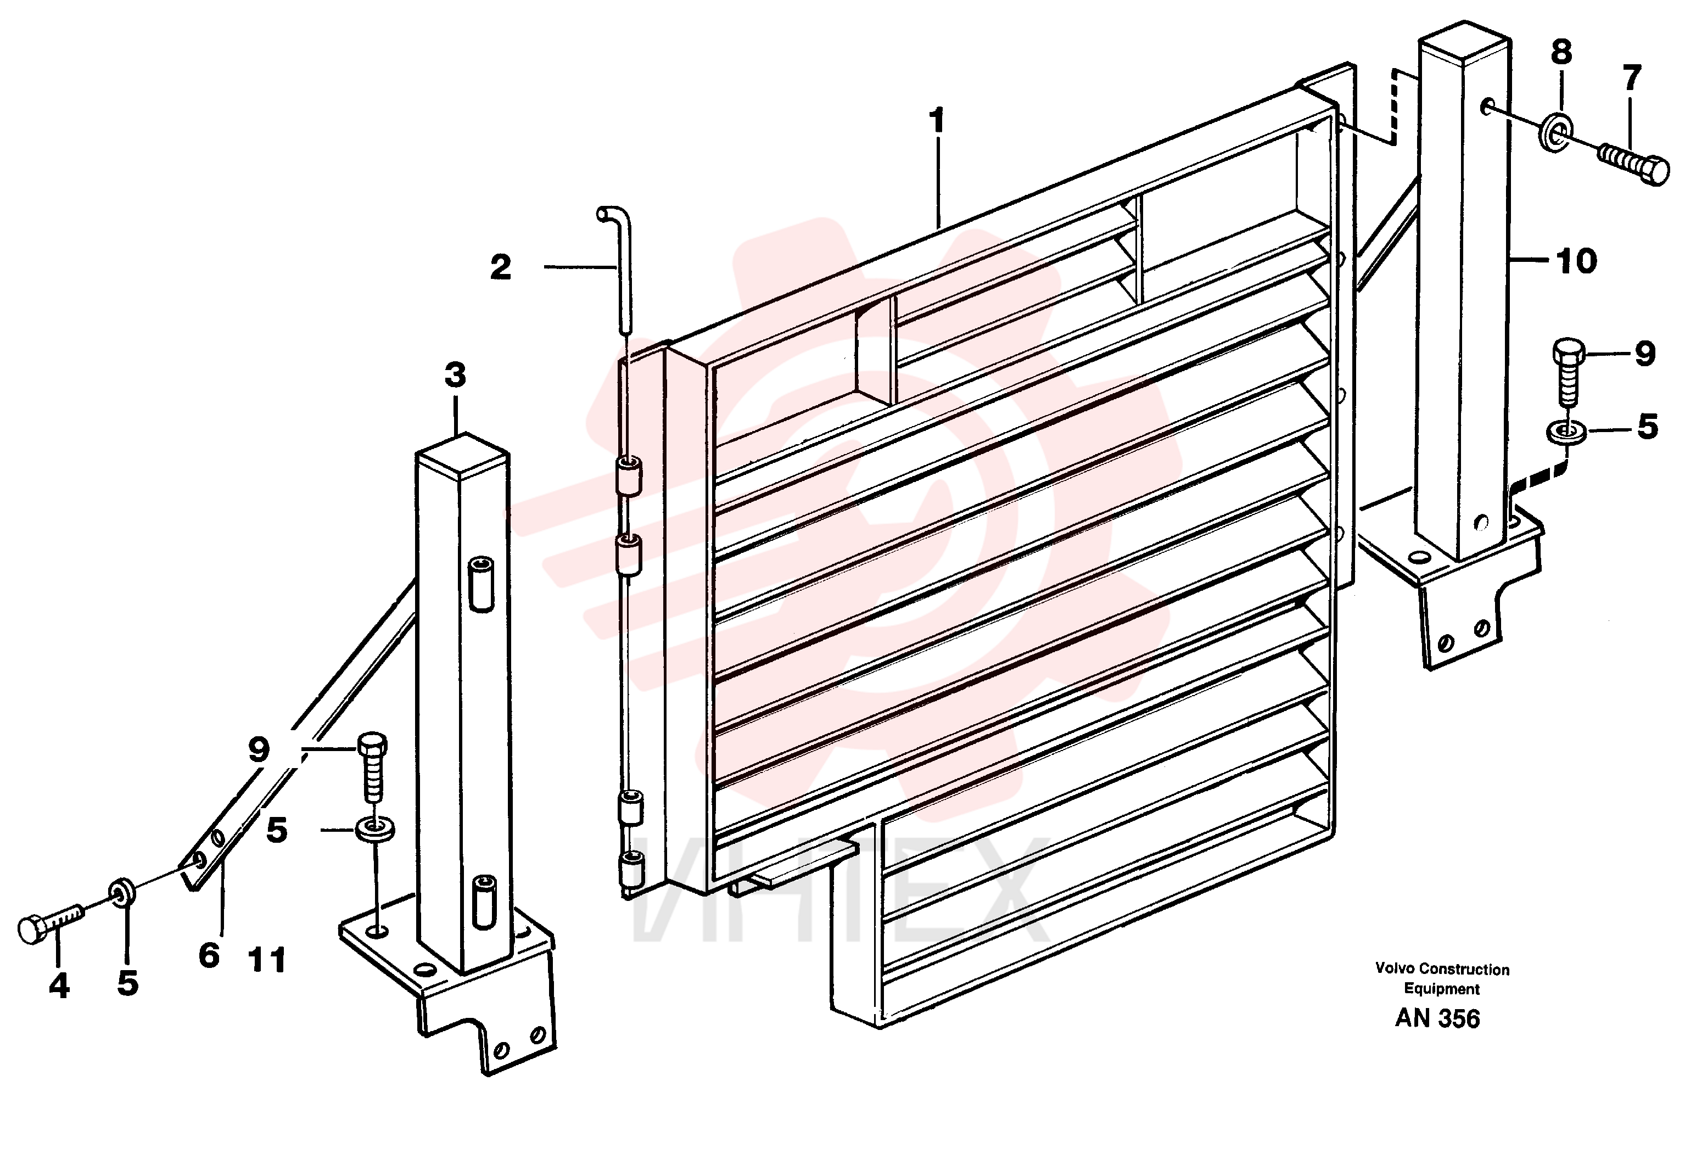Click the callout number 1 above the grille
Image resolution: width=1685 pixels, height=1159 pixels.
[x=938, y=121]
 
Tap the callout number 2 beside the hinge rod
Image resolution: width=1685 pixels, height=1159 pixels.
[x=501, y=267]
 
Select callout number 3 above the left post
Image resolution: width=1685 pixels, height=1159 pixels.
[x=455, y=376]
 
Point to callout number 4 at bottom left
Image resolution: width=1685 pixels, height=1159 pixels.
[x=59, y=986]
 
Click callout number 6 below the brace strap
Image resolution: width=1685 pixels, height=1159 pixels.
[x=209, y=955]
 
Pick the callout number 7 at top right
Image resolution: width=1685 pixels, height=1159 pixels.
[x=1631, y=79]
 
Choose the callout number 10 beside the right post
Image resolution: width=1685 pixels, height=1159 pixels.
[x=1576, y=261]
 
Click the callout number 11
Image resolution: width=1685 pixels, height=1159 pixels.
[x=267, y=960]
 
